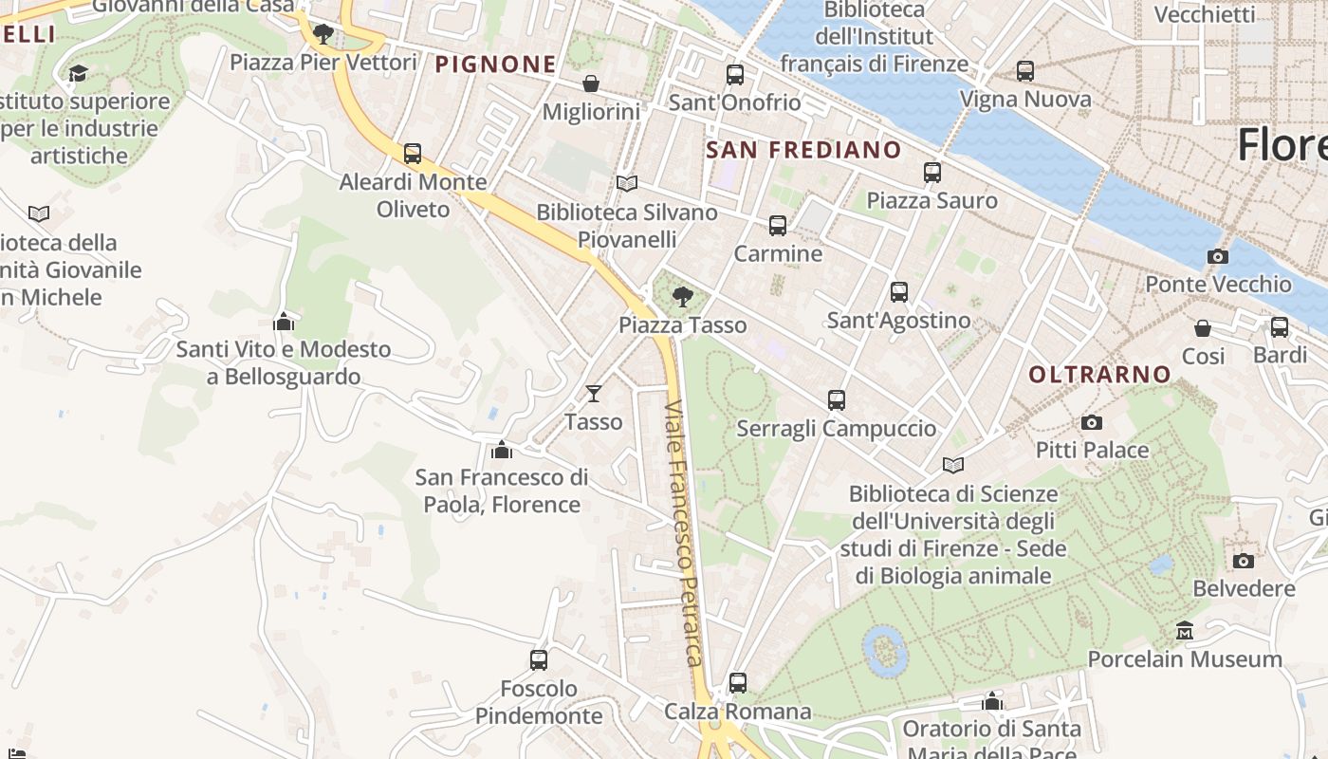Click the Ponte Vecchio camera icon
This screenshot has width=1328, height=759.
pos(1218,256)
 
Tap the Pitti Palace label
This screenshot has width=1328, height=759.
pos(1092,450)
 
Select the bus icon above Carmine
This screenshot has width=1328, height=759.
pos(778,226)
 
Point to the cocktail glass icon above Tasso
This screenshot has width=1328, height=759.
pos(594,393)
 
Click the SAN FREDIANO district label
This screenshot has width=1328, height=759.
pos(803,150)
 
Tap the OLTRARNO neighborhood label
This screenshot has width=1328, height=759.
pos(1100,375)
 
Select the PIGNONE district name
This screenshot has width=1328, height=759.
pos(495,65)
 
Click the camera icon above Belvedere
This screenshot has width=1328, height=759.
pos(1244,561)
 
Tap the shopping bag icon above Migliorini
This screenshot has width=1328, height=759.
pos(591,84)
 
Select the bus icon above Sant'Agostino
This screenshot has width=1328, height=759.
pos(899,292)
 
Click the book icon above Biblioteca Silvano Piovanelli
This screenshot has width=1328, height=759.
pos(626,184)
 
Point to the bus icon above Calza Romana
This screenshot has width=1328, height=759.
pos(738,683)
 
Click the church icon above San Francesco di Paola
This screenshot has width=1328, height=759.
pos(502,449)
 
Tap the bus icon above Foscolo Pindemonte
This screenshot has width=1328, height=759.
pos(539,660)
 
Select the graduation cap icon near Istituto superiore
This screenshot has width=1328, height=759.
pos(79,73)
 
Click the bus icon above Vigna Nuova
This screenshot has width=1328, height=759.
pos(1025,71)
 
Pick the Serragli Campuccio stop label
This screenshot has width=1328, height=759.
pos(836,429)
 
